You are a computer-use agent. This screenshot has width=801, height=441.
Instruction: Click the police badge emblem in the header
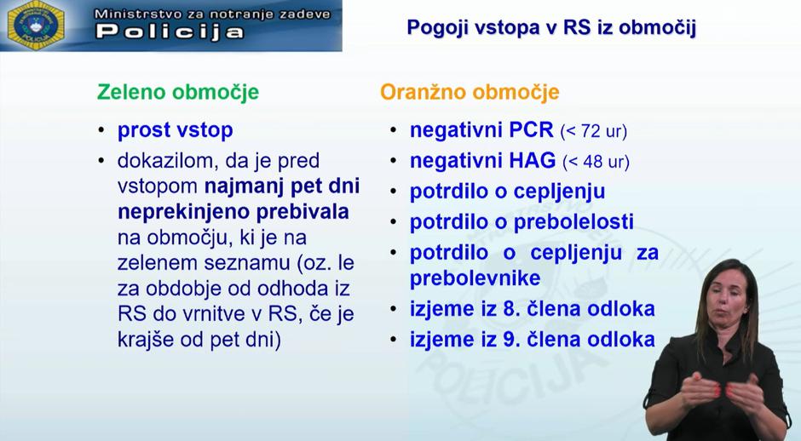coord(36,25)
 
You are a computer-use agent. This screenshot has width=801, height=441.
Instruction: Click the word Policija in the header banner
coord(170,32)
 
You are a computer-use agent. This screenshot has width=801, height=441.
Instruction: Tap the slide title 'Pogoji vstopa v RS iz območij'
coord(551,27)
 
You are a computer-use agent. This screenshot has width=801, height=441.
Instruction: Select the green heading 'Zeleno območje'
coord(178,92)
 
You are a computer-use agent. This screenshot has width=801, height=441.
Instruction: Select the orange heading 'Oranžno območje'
coord(470,92)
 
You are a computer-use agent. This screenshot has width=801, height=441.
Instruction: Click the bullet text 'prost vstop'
coord(175,130)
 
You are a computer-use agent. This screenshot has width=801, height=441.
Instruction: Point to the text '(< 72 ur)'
coord(593,132)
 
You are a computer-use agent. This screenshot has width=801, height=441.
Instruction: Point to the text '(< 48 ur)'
coord(595,162)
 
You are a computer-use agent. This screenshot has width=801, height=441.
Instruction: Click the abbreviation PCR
coord(532,131)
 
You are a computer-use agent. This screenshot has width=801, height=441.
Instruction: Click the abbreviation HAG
coord(533,161)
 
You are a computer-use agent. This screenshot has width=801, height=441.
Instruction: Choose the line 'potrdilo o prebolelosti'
coord(522,222)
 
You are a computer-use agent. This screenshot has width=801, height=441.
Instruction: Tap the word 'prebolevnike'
coord(475,278)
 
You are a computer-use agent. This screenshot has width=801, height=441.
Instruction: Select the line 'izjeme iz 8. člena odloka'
coord(532,308)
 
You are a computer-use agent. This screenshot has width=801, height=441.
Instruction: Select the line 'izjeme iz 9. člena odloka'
coord(532,339)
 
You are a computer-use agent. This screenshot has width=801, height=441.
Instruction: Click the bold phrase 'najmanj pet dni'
coord(281,186)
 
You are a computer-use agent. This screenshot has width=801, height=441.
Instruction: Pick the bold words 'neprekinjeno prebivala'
coord(233,212)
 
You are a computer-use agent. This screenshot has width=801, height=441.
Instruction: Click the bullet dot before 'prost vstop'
coord(101,131)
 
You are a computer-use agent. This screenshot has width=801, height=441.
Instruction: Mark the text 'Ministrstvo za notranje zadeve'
coord(211,14)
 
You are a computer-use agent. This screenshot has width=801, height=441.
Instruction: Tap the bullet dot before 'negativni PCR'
coord(393,131)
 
